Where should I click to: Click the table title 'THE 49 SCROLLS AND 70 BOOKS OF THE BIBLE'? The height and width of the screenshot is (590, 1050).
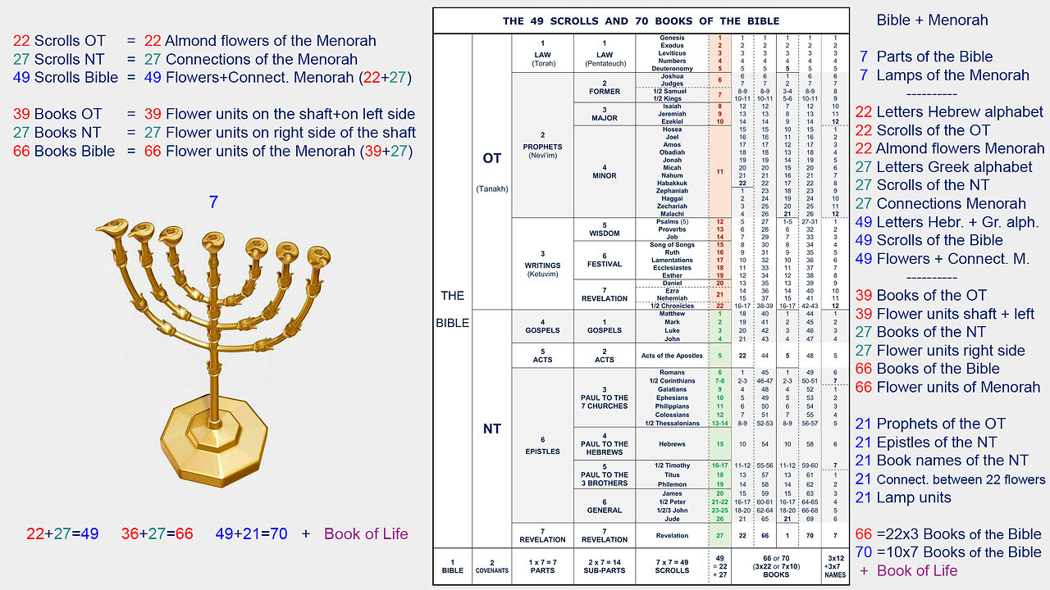[x=641, y=20]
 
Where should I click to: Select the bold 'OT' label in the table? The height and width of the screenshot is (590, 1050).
[x=491, y=158]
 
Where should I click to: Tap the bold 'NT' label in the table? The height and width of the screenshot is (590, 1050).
[x=491, y=429]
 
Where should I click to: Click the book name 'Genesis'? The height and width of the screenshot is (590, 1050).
[x=672, y=39]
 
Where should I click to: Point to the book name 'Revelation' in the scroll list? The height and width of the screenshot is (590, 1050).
[x=672, y=535]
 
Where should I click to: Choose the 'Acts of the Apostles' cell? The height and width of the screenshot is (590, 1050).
[x=672, y=356]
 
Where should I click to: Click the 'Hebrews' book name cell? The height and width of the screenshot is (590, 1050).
[x=672, y=444]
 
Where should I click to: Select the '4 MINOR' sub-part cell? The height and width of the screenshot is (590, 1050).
[x=605, y=172]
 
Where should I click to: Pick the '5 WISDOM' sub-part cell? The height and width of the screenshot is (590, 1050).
[x=605, y=229]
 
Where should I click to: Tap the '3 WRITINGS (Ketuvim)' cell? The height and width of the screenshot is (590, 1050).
[x=541, y=264]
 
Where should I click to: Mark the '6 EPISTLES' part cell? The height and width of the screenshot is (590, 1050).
[x=541, y=446]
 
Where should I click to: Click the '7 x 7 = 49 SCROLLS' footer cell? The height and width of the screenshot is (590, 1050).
[x=672, y=565]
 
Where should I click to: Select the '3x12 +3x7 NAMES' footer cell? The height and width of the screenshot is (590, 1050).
[x=834, y=565]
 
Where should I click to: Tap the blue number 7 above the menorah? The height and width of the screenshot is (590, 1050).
[x=213, y=202]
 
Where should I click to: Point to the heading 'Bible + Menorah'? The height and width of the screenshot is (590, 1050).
[x=932, y=20]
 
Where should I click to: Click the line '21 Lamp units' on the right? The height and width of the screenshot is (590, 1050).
[x=902, y=497]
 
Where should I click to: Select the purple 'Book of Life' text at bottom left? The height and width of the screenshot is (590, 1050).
[x=366, y=533]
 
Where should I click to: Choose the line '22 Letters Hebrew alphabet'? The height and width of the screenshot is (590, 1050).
[x=949, y=111]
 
